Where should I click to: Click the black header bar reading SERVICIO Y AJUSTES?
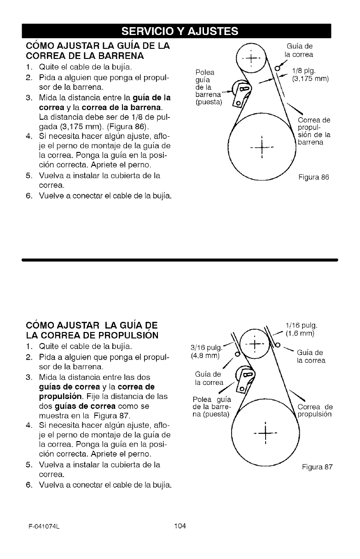(180, 31)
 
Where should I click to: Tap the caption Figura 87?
(317, 468)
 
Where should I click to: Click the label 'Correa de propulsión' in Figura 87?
(315, 411)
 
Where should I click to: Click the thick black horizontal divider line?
(180, 260)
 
